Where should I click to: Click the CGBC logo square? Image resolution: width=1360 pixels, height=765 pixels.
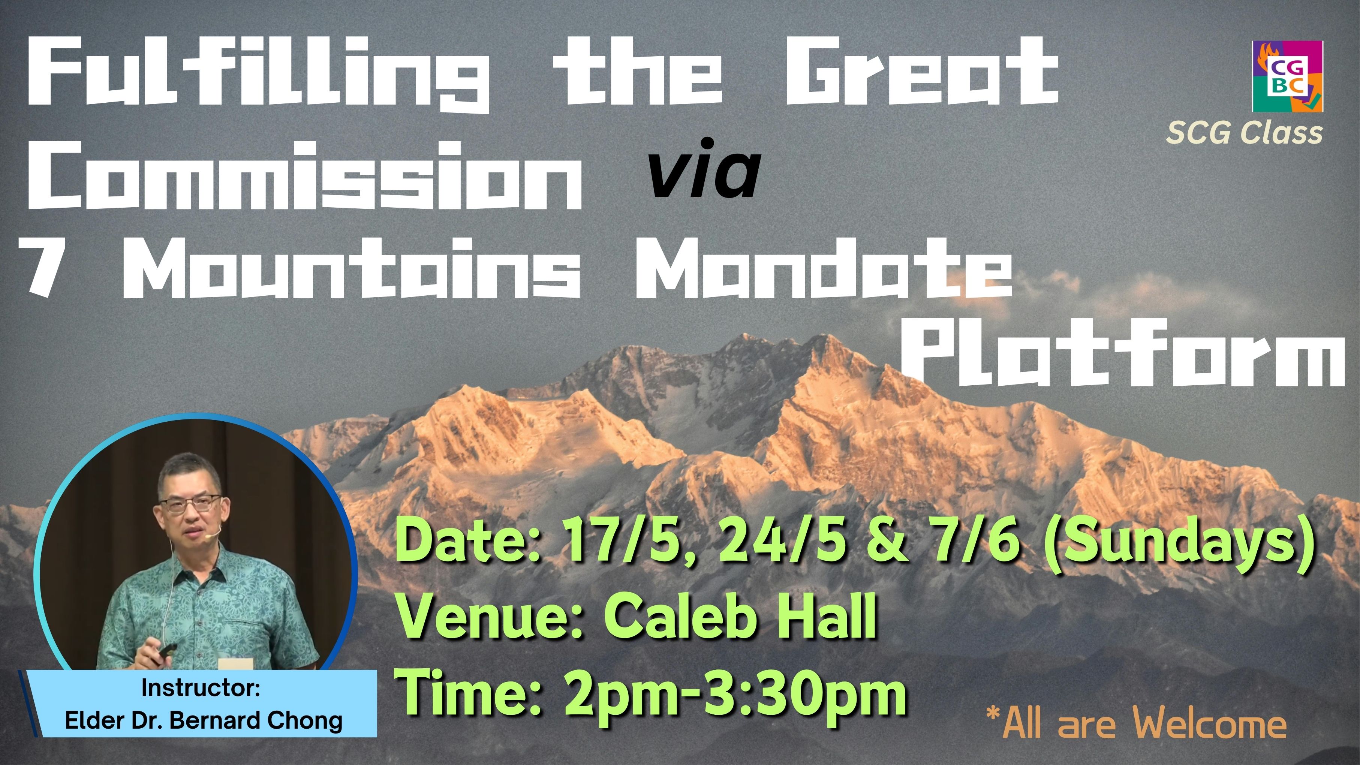tap(1287, 76)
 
